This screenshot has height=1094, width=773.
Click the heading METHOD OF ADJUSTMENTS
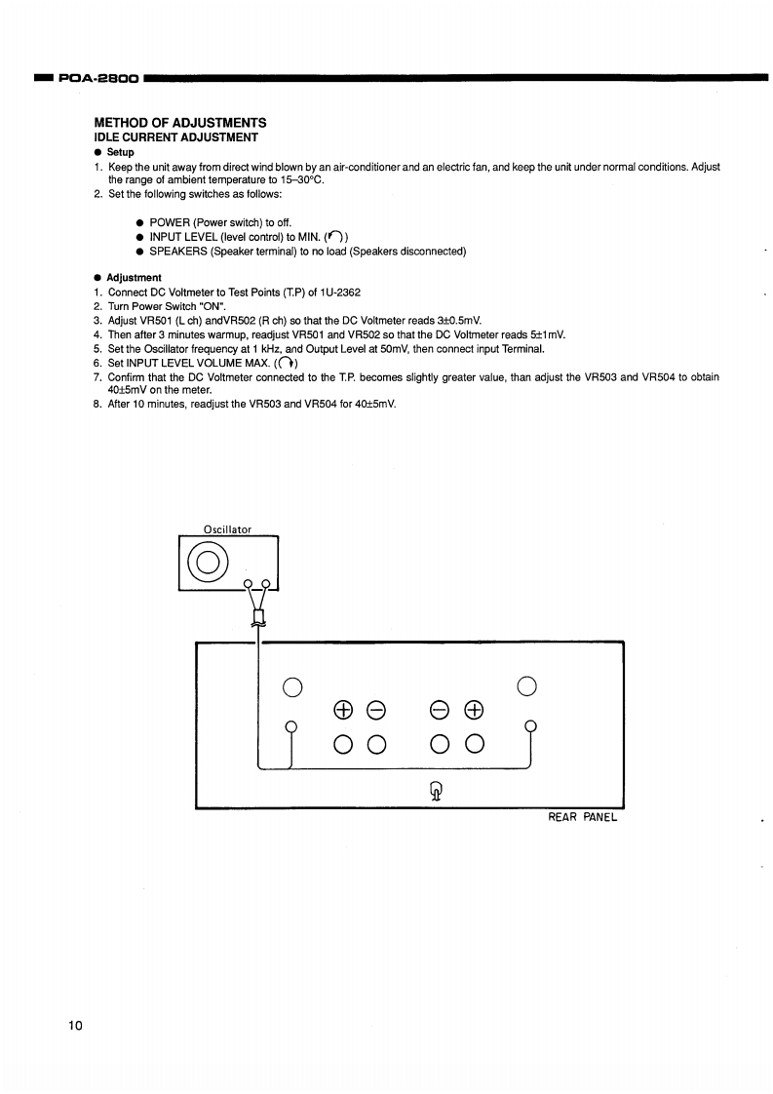[x=180, y=123]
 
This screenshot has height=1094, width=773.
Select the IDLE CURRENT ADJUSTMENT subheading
[x=175, y=137]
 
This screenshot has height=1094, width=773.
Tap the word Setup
[x=121, y=152]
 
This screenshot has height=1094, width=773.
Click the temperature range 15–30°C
[x=299, y=180]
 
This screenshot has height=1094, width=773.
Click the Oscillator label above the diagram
[x=227, y=529]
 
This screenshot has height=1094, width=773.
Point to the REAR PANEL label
[x=583, y=817]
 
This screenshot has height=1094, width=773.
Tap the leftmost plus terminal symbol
[x=342, y=709]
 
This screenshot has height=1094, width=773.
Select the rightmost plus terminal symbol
[x=475, y=709]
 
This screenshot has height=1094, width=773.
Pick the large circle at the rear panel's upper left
[x=290, y=686]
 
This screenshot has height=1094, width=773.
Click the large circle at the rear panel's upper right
[x=526, y=685]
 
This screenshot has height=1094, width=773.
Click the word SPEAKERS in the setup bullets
[x=179, y=252]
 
